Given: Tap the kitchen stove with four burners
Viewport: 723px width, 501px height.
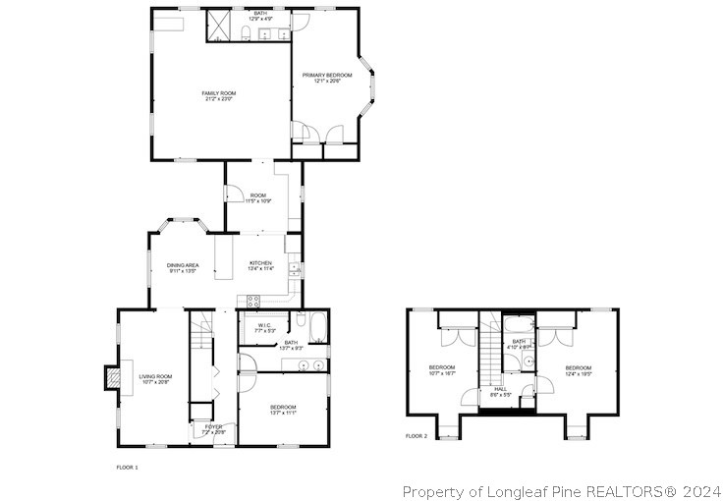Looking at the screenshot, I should (x=252, y=302).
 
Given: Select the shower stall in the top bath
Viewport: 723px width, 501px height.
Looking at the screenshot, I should (x=217, y=27).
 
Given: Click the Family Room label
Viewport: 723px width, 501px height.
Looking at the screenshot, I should (x=220, y=93).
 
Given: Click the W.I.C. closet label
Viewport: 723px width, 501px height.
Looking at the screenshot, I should (x=264, y=325).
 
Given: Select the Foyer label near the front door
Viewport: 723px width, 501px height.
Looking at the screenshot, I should (x=213, y=426).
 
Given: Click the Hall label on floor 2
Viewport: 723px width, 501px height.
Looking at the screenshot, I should (x=501, y=389).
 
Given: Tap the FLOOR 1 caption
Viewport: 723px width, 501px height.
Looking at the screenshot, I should (x=127, y=467).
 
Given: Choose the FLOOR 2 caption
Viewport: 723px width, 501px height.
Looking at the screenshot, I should (x=417, y=435).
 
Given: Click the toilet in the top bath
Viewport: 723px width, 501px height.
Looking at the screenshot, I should (x=245, y=35).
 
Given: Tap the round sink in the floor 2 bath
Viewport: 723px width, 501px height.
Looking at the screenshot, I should (x=528, y=361).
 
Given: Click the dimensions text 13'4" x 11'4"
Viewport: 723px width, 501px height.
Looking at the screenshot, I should (x=260, y=268).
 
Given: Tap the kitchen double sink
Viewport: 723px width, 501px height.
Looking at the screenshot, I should (x=294, y=267).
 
